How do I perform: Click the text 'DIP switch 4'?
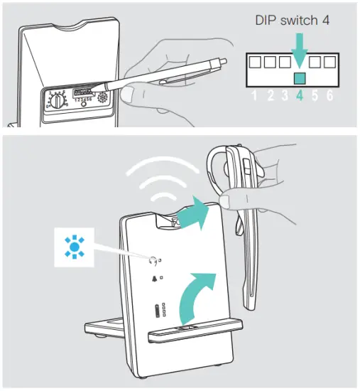(293, 21)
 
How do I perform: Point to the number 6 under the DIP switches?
(329, 97)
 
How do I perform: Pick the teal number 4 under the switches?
(300, 97)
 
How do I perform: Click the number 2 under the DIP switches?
(269, 97)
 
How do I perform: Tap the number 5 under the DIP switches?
(315, 97)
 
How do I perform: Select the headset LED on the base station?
(153, 259)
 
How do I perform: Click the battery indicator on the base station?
(156, 311)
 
